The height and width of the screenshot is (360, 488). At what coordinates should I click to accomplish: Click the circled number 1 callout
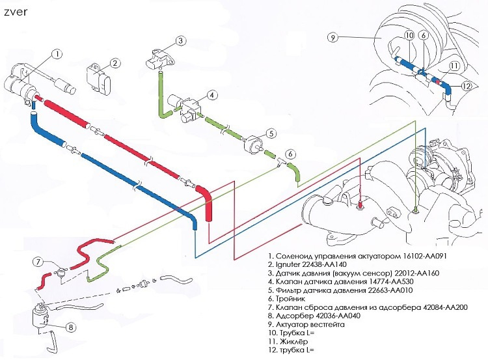57,54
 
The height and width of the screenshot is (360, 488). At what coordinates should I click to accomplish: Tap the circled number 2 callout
115,63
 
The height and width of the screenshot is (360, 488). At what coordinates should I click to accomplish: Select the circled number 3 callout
180,41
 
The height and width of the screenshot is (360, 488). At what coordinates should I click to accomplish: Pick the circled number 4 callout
212,95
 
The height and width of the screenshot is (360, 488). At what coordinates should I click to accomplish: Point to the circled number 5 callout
271,133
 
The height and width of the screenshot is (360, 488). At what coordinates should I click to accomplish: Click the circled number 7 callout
38,262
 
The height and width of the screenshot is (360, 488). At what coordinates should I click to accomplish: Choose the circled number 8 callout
71,327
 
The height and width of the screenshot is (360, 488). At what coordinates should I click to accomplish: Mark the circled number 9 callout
332,38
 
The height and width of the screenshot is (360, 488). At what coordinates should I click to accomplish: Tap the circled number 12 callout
467,86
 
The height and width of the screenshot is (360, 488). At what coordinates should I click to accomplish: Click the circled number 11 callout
454,66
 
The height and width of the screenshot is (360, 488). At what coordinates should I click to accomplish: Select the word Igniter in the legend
288,265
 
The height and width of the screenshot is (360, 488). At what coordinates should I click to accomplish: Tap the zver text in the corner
16,12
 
